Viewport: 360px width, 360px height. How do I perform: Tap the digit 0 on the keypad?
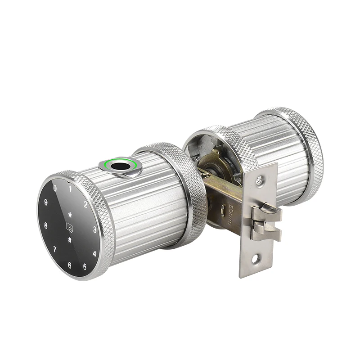point(55,188)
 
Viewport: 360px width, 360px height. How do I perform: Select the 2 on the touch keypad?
point(85,205)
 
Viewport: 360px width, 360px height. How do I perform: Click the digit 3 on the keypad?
point(95,229)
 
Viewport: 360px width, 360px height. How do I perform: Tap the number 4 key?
point(94,253)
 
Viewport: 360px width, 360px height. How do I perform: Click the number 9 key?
point(46,202)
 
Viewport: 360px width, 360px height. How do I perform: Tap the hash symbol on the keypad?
point(70,239)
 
